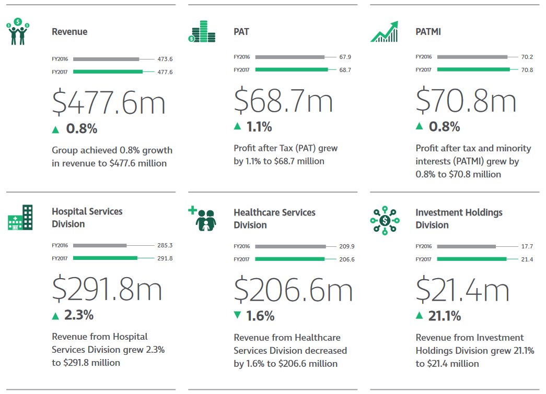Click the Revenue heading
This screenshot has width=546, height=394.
69,32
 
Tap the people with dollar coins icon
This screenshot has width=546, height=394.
18,31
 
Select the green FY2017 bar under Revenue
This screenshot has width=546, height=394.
108,71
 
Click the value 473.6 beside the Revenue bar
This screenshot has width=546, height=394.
165,59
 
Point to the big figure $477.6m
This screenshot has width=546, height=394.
109,102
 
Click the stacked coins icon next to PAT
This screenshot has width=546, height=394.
201,32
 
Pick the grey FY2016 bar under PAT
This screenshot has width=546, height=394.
289,57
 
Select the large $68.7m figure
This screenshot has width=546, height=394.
283,101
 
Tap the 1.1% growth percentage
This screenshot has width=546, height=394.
259,126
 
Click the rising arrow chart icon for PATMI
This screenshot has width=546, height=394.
384,32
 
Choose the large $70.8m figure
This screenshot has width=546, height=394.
466,101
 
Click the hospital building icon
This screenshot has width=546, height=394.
20,218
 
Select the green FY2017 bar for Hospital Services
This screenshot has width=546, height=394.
105,258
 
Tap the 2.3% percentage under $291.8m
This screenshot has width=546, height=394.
79,315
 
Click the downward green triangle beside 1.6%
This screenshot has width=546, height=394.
237,315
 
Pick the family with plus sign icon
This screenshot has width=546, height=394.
202,219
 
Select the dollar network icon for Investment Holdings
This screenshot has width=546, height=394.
385,220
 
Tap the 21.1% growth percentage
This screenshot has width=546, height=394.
445,316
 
